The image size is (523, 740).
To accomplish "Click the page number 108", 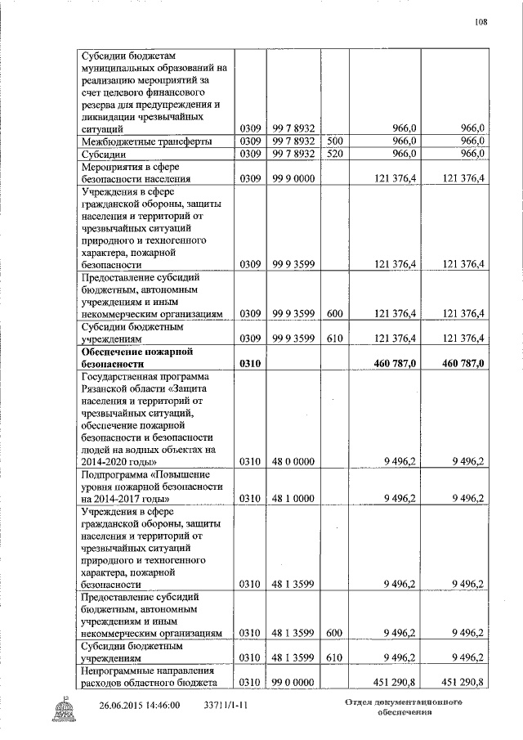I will [x=481, y=22].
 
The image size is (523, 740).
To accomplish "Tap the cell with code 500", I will [x=336, y=141].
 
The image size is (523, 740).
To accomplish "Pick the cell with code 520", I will [x=336, y=154].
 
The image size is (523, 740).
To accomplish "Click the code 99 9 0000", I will [x=295, y=178].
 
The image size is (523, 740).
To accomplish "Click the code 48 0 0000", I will [x=295, y=461].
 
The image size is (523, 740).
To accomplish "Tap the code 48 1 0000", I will [x=295, y=498].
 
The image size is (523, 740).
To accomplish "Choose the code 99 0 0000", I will [x=295, y=683].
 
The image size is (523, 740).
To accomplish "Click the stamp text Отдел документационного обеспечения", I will [x=404, y=708].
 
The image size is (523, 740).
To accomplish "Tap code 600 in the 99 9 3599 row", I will [x=336, y=313].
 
